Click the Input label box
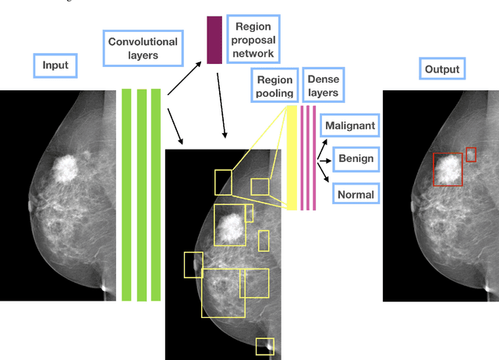click(55, 66)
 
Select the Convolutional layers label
click(143, 48)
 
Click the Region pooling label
click(274, 86)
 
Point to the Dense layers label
click(323, 86)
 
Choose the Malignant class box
click(350, 125)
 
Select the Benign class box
click(356, 159)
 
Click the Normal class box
click(355, 194)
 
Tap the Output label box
click(441, 69)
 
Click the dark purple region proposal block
click(214, 40)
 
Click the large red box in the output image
click(448, 169)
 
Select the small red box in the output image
click(471, 154)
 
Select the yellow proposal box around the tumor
click(229, 224)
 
